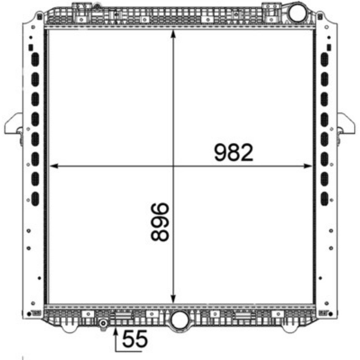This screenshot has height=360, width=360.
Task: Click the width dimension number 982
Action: click(234, 153)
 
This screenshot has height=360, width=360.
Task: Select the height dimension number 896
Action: click(160, 222)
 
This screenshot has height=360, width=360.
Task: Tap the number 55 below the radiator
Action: click(135, 339)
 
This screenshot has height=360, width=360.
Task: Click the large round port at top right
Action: click(297, 13)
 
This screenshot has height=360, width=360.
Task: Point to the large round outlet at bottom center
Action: click(180, 320)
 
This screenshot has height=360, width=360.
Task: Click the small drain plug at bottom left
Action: click(103, 324)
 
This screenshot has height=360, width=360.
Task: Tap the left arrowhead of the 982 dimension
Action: click(54, 166)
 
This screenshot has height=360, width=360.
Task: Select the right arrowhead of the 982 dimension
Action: click(308, 166)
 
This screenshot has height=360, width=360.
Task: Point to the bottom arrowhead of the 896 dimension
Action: click(173, 299)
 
